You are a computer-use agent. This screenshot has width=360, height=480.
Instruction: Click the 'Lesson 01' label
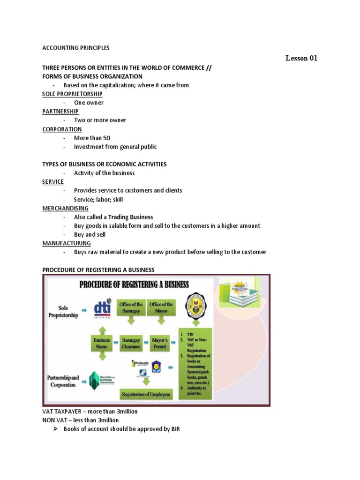301,59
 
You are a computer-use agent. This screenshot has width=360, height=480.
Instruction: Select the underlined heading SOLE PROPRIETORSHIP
72,94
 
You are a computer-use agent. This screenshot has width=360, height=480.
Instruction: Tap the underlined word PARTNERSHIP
60,112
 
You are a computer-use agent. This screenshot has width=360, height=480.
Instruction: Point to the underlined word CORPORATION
62,129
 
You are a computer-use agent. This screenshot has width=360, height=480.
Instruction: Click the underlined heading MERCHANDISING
65,208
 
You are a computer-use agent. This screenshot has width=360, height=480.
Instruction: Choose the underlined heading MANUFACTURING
67,243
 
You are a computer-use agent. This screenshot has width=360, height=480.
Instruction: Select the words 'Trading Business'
131,217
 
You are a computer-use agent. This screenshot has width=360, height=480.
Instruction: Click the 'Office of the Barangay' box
131,307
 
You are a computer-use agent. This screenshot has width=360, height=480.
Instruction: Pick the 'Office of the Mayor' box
161,307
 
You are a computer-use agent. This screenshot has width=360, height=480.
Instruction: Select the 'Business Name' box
102,343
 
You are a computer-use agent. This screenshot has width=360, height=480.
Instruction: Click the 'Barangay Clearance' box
131,343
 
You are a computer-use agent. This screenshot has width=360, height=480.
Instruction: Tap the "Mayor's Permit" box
161,343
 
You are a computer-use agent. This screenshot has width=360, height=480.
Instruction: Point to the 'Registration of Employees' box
146,394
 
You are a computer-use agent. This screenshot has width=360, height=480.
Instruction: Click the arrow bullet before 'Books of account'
54,429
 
